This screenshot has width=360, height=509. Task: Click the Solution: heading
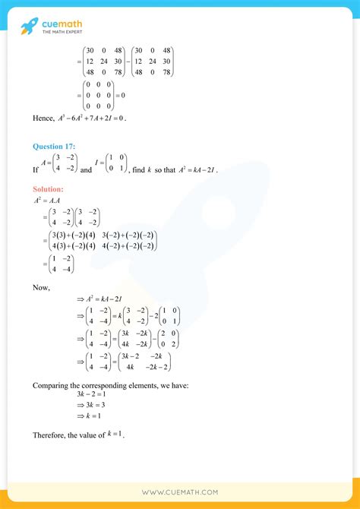point(48,188)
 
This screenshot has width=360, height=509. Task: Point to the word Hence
point(43,119)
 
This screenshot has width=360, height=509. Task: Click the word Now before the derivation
point(41,287)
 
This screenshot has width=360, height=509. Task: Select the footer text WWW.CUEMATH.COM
point(180,492)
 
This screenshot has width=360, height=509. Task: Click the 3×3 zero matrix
point(99,95)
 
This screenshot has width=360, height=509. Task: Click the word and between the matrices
point(86,170)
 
